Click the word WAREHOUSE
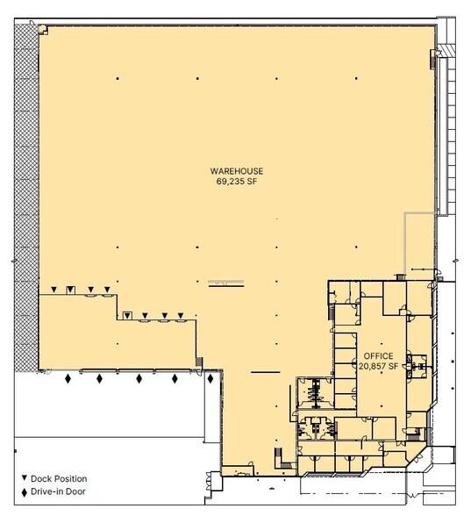236,170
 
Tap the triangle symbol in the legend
24,478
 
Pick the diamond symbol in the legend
24,491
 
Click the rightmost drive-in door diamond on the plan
211,379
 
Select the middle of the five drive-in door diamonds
139,379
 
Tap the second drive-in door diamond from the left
99,379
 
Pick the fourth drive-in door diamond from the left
175,379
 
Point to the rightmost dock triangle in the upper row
108,290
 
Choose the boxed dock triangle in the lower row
127,315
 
